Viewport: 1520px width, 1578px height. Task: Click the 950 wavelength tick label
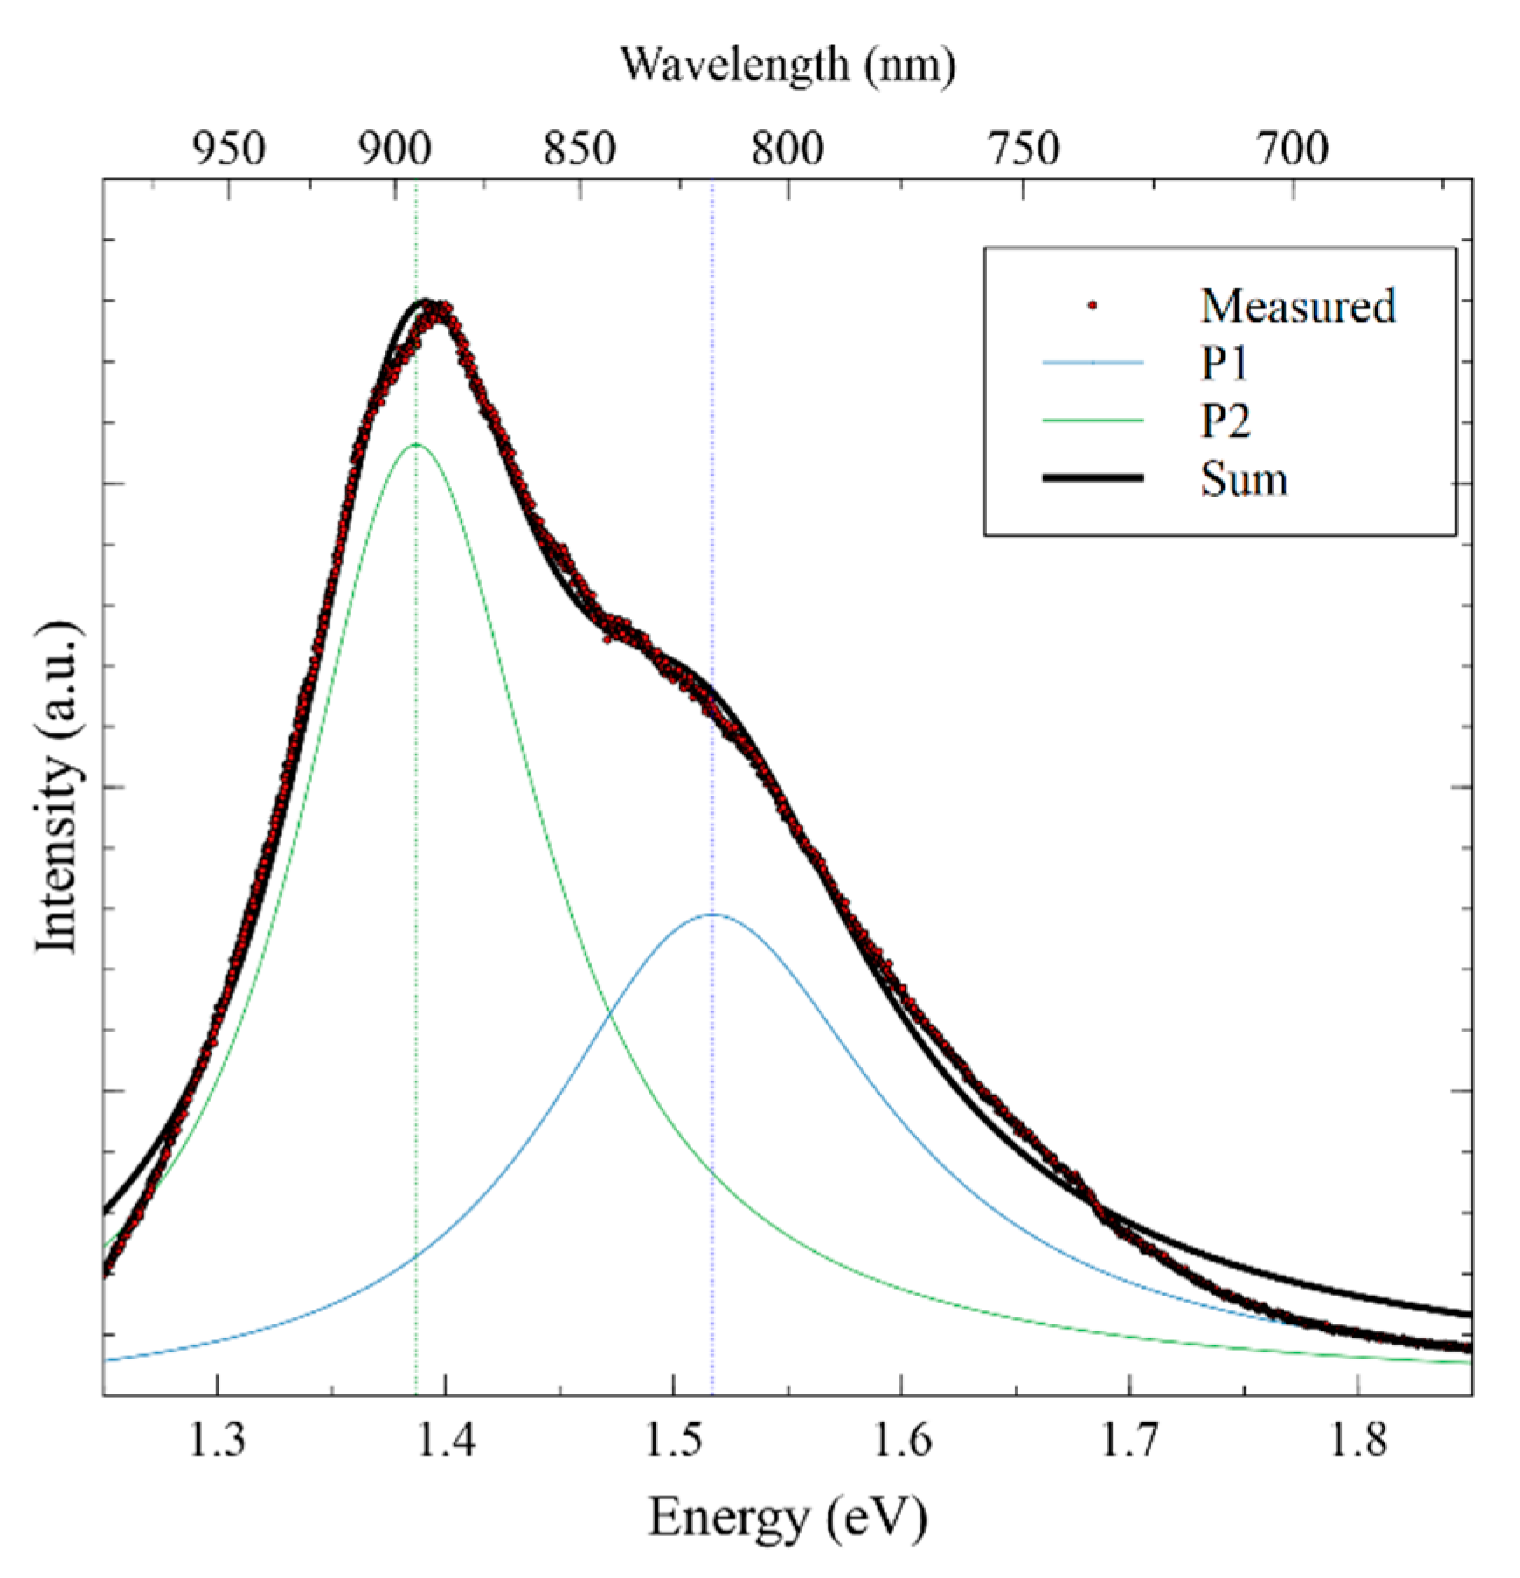click(x=229, y=149)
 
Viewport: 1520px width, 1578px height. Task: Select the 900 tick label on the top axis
click(x=394, y=149)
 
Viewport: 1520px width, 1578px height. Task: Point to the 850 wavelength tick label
click(x=580, y=149)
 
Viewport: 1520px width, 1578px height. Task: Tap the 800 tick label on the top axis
click(x=787, y=149)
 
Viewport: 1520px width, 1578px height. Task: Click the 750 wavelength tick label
click(x=1024, y=149)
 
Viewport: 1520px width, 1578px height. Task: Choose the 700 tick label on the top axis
click(x=1293, y=149)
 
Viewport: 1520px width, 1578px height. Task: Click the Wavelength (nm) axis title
click(x=788, y=66)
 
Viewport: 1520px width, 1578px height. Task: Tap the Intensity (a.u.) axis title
click(x=57, y=787)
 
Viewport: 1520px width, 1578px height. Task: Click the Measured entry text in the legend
click(x=1297, y=306)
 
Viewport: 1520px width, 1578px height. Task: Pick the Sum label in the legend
click(x=1243, y=479)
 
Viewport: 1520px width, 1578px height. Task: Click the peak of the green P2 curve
click(x=415, y=445)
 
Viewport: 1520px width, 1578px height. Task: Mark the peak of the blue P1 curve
click(x=712, y=914)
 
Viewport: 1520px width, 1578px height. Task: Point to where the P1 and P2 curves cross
click(x=609, y=1018)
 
